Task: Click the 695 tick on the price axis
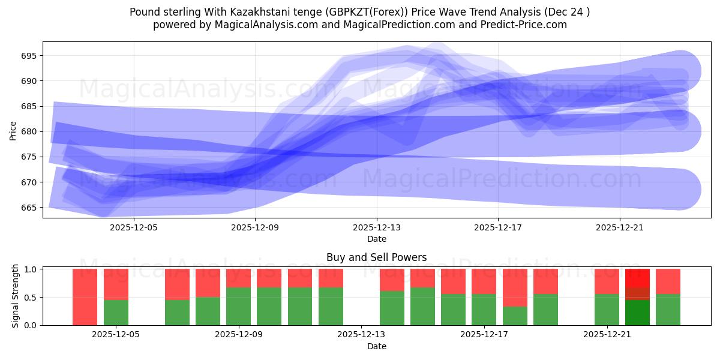(29, 56)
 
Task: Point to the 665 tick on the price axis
(29, 208)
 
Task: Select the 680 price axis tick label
(29, 131)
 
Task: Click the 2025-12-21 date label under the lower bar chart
(607, 335)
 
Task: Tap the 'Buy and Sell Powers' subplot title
(377, 257)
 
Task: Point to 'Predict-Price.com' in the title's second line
(526, 25)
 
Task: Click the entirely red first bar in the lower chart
(85, 297)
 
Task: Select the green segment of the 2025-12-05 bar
(116, 312)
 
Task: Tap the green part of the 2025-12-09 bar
(238, 306)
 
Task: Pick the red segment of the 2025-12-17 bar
(484, 281)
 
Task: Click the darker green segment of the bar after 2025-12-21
(637, 313)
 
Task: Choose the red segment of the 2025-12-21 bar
(607, 281)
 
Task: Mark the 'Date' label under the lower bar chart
(377, 346)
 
